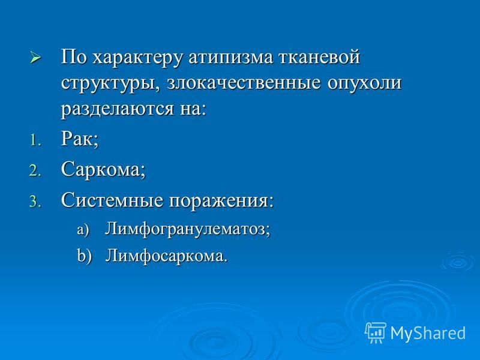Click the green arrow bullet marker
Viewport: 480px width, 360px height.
35,57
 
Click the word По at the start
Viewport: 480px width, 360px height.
73,57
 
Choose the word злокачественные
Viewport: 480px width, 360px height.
244,83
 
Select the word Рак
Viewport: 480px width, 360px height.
80,140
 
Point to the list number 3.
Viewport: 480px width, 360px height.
35,202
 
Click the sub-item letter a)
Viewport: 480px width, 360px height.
83,230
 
